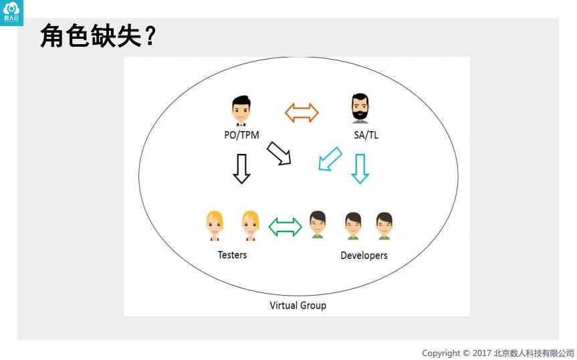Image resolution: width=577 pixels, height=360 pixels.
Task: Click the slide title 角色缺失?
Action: tap(98, 36)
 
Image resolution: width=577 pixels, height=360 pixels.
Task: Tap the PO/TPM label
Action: tap(241, 134)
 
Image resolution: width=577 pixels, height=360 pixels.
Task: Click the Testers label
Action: tap(232, 255)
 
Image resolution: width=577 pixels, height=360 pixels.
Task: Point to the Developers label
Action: tap(364, 256)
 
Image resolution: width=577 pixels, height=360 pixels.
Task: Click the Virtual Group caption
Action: tap(298, 305)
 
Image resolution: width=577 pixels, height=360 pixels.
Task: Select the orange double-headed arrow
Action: tap(302, 112)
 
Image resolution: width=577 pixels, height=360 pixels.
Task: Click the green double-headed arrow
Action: tap(285, 226)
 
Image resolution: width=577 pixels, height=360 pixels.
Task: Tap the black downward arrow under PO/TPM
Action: tap(241, 168)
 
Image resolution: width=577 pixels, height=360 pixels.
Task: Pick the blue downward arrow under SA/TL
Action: tap(360, 168)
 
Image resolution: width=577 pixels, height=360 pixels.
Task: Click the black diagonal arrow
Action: tap(279, 153)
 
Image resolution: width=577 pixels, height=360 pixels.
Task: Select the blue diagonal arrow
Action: tap(330, 159)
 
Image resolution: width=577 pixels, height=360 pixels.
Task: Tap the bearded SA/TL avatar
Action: tap(360, 108)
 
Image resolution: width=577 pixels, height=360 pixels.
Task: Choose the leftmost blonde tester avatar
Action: tap(215, 226)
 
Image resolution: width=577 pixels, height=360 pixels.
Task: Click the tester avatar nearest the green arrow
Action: tap(250, 226)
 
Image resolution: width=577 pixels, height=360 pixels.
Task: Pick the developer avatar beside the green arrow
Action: tap(318, 225)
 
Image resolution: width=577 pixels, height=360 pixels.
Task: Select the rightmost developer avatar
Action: tap(384, 226)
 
